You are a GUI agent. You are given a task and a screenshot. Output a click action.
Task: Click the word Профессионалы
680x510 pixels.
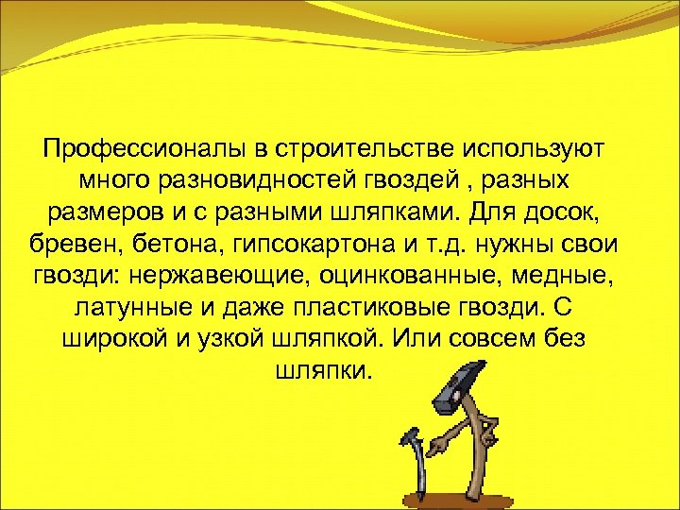click(x=144, y=149)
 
